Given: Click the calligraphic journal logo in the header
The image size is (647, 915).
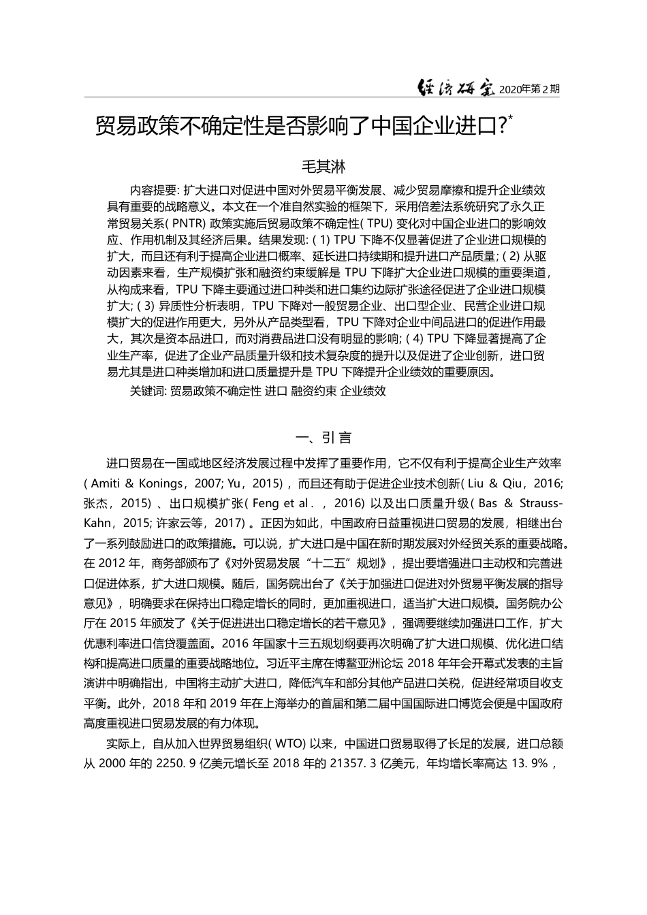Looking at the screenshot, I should tap(456, 88).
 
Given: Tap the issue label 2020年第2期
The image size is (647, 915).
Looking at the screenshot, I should tap(529, 89).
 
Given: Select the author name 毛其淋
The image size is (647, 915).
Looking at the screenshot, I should tap(323, 166).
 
